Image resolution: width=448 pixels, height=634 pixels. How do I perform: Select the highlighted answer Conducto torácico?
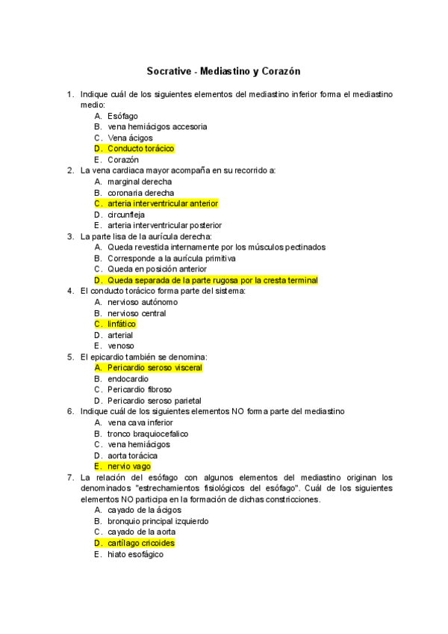(x=140, y=149)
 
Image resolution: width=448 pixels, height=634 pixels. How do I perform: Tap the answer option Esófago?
(x=122, y=116)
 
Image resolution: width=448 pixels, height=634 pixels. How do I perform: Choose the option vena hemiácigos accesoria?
(x=157, y=127)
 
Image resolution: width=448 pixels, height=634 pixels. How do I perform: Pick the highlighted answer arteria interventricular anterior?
(x=163, y=203)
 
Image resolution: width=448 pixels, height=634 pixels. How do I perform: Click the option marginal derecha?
(x=139, y=182)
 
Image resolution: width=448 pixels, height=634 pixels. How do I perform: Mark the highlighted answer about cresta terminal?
(x=212, y=280)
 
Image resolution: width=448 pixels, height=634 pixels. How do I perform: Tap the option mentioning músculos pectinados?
(x=216, y=247)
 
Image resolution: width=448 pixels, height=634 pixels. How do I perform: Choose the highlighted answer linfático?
(x=122, y=324)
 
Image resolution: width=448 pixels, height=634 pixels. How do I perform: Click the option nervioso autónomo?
(x=143, y=302)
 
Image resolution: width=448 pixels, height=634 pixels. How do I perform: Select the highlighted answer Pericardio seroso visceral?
(x=155, y=368)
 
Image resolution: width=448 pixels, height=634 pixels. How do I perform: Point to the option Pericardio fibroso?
(x=139, y=390)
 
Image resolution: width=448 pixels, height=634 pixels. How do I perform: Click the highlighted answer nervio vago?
(x=128, y=467)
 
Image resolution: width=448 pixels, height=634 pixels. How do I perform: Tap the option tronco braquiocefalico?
(x=148, y=434)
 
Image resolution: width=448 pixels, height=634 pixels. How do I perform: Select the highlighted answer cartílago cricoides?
(x=141, y=544)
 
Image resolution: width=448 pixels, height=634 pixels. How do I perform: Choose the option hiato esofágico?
(x=135, y=555)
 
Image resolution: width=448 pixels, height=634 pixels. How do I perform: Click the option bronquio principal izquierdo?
(x=158, y=521)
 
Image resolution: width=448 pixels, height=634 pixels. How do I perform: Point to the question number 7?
(x=69, y=477)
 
